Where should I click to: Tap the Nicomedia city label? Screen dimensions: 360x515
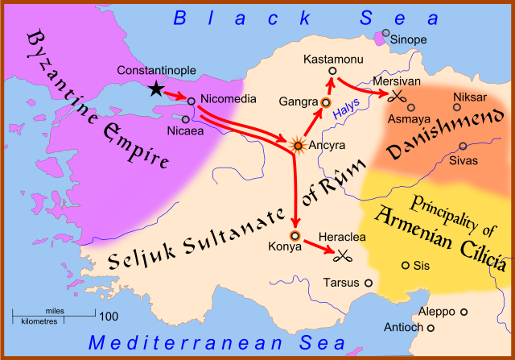(228, 99)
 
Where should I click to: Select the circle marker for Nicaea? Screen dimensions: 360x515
(185, 119)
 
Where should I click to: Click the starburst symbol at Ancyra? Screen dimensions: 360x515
(299, 145)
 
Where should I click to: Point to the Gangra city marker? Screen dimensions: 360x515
(326, 102)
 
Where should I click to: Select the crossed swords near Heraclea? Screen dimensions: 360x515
(344, 256)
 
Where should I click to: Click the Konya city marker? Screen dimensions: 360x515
(295, 236)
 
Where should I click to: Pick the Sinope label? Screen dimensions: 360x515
(410, 39)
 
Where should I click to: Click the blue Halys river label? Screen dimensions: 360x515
(347, 118)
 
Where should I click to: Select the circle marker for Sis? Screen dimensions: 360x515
(405, 265)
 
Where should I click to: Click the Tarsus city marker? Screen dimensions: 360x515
(368, 283)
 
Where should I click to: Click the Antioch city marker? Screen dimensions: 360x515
(431, 328)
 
